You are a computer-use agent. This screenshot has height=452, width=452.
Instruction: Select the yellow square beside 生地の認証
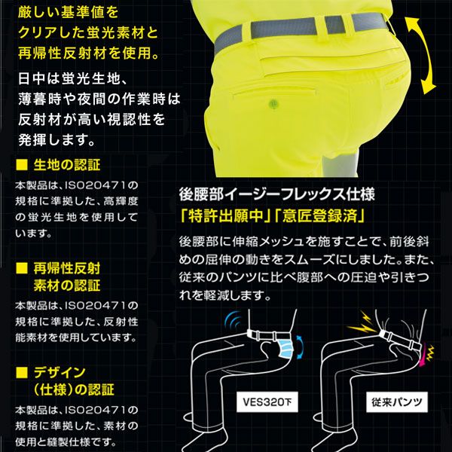click(21, 165)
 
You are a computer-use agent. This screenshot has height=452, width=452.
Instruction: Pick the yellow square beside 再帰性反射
click(21, 268)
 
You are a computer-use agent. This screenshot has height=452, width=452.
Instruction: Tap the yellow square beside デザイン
click(21, 373)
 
